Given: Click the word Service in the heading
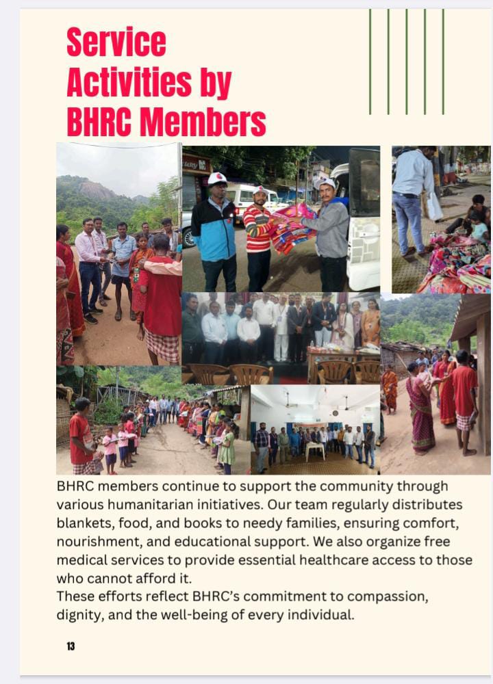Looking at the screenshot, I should coord(116,42).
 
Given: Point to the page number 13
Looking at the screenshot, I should coord(71,646).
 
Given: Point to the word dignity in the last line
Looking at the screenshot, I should coord(78,614).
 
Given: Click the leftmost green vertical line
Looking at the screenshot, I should coord(370,62).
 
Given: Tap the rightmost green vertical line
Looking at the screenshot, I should coord(443,62).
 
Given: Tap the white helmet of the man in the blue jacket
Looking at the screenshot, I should coord(217,179).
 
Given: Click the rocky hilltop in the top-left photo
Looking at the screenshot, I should coord(99,189).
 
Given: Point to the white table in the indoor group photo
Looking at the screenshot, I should coord(314,449).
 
